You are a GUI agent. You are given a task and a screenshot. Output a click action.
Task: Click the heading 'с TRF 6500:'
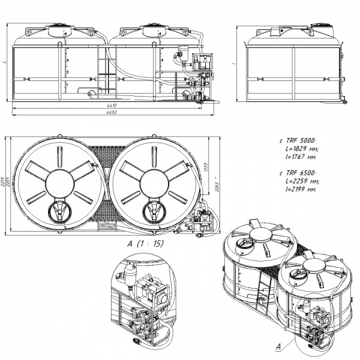click(298, 173)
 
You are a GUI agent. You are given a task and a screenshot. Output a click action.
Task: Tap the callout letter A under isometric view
click(278, 347)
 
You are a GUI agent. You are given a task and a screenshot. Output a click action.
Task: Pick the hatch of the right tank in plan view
click(152, 211)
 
